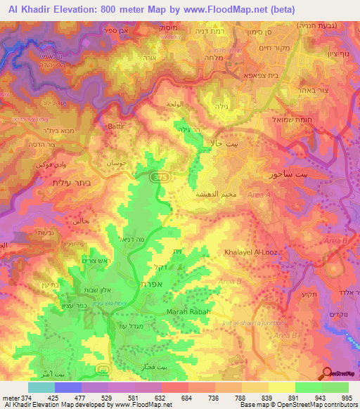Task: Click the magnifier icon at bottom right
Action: coord(327,373)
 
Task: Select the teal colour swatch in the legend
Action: coord(41,387)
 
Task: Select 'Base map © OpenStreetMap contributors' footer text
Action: coord(299,405)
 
